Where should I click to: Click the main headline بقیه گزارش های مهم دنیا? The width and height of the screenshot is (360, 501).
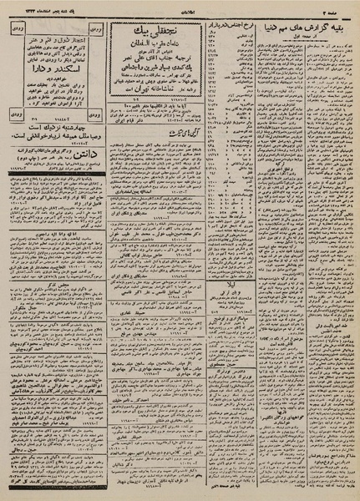point(307,25)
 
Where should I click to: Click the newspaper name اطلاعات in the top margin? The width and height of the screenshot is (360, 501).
point(180,6)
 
